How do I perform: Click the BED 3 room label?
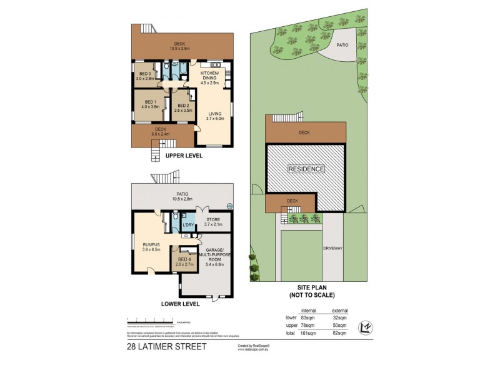[x=144, y=74]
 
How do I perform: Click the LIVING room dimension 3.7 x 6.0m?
[x=215, y=117]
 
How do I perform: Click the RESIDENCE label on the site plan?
[x=306, y=169]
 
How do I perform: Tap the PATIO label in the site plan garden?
[x=342, y=45]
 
